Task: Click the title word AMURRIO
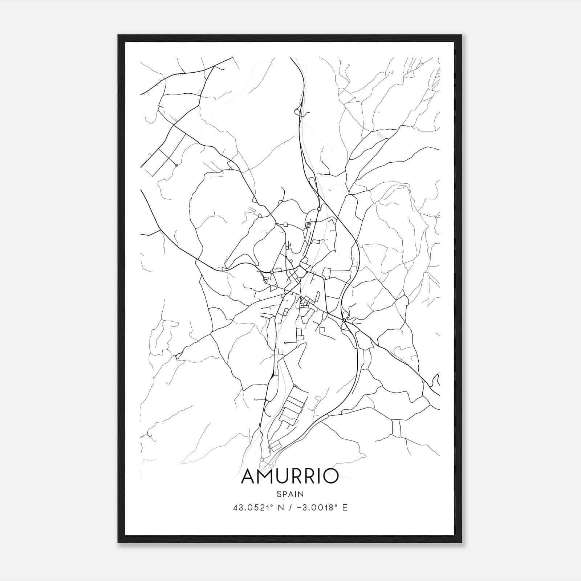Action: pyautogui.click(x=290, y=476)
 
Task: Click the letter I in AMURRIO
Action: pyautogui.click(x=318, y=476)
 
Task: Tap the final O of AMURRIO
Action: pyautogui.click(x=330, y=476)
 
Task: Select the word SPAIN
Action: pyautogui.click(x=290, y=494)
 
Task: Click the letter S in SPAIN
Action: pyautogui.click(x=279, y=494)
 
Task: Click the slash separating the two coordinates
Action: pyautogui.click(x=290, y=508)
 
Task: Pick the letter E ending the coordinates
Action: pyautogui.click(x=345, y=508)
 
